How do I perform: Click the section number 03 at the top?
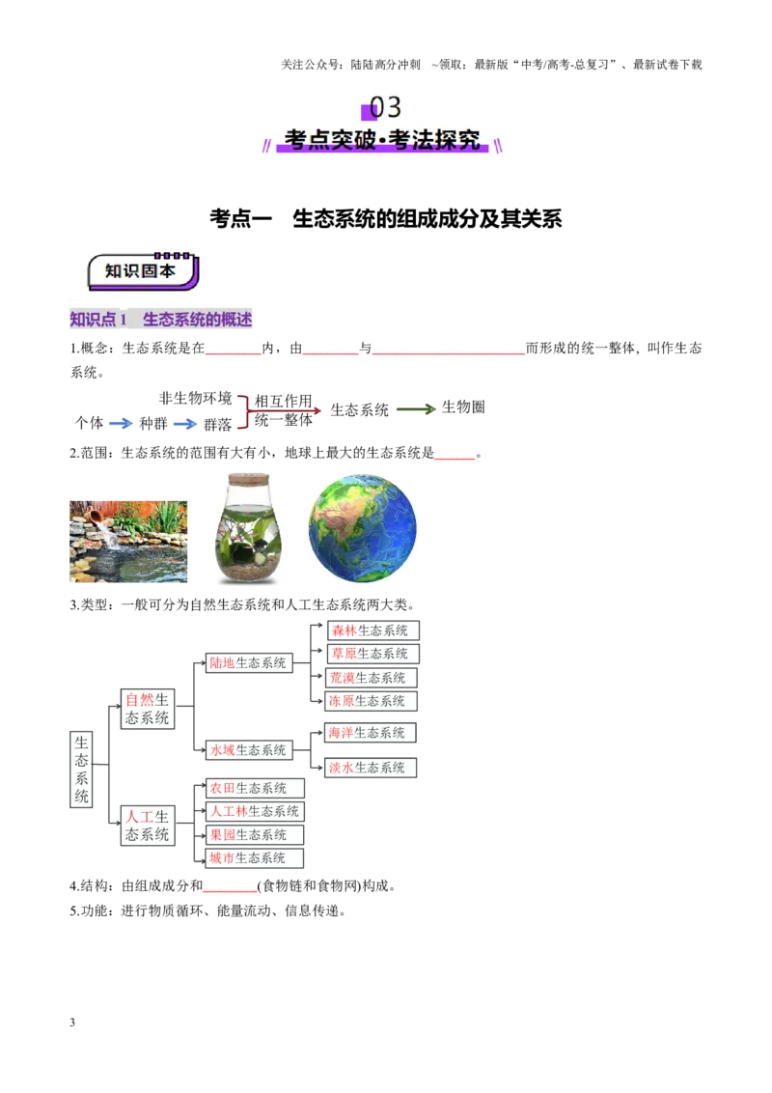pos(385,107)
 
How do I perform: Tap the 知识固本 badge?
pos(143,271)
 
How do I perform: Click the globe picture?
pos(362,528)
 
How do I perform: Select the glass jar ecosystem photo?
pos(248,528)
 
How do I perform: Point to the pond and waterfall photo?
pos(128,542)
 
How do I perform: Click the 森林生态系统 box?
pos(373,631)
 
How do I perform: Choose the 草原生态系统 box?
pos(373,654)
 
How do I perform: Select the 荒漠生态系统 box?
pos(371,678)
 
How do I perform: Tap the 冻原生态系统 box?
pos(371,701)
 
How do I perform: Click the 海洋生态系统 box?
pos(371,733)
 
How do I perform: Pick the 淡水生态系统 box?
pos(371,768)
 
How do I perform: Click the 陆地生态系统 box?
pos(249,663)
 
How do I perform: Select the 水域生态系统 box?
pos(249,750)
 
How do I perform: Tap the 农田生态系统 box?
pos(255,789)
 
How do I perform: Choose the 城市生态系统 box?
pos(255,858)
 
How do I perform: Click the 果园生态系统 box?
pos(255,835)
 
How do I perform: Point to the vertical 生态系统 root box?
pos(81,770)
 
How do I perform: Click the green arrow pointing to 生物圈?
pos(417,409)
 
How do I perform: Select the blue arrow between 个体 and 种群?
pos(121,423)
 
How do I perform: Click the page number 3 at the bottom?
pos(72,1023)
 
